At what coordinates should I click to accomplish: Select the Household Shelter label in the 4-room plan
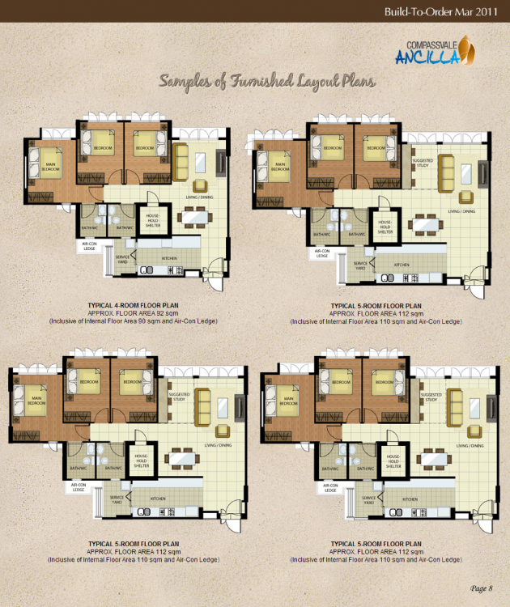152,219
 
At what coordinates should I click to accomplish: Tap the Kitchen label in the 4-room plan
169,258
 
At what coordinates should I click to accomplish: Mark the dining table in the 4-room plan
193,216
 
